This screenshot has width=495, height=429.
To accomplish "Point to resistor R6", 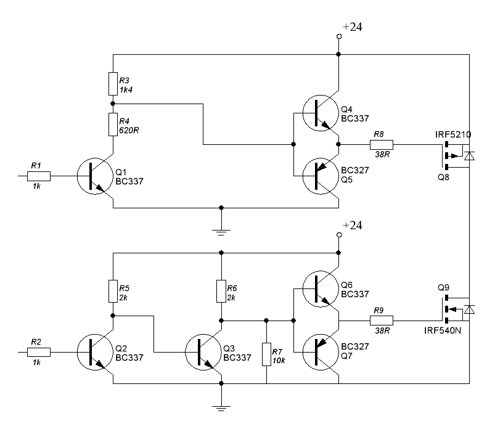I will tap(221, 290).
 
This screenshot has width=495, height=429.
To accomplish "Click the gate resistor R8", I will tap(381, 145).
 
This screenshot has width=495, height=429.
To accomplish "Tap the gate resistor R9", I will tap(381, 321).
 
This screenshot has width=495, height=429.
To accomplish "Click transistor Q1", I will tap(96, 176).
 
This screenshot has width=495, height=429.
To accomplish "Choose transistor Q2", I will tap(96, 352).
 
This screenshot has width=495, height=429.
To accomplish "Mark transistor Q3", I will tap(203, 352).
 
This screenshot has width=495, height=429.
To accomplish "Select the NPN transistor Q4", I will tap(321, 114).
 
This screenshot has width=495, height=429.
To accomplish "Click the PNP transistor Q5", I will tap(321, 176).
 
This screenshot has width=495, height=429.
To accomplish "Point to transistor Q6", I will tap(321, 289).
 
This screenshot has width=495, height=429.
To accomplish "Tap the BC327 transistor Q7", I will tap(321, 352).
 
